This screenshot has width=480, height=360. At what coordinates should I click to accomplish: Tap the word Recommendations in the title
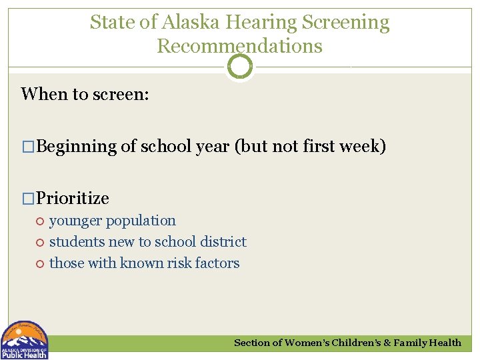tap(239, 46)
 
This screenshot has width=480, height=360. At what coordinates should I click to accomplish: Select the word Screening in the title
tap(345, 22)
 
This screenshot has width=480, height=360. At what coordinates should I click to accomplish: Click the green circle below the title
tap(240, 67)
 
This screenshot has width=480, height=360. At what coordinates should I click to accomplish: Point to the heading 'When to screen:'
tap(85, 94)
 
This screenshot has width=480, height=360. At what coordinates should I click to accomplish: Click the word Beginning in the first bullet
tap(77, 146)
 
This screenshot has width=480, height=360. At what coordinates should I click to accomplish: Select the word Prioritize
tap(73, 198)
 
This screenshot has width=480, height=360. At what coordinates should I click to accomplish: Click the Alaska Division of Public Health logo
tap(25, 340)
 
